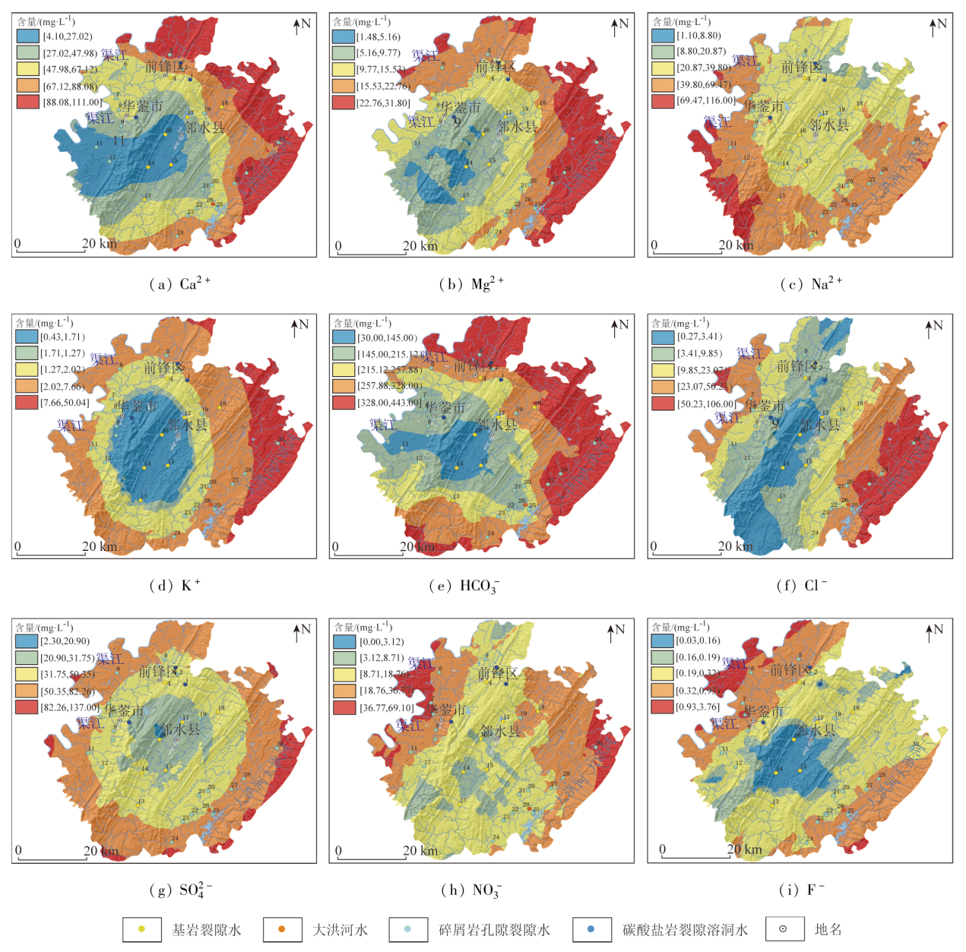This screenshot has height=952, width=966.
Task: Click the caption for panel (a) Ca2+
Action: (x=179, y=284)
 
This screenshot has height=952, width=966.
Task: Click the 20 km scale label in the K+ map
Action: (x=100, y=546)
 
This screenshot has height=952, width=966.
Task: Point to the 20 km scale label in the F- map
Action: (x=744, y=849)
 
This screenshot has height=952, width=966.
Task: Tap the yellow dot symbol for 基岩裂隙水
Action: (x=141, y=929)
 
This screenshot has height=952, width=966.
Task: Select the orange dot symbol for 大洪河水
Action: (x=282, y=929)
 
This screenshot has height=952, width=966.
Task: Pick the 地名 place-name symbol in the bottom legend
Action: (x=783, y=929)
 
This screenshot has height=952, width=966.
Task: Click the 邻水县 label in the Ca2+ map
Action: (x=204, y=128)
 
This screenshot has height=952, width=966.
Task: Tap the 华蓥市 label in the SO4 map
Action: (x=125, y=711)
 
